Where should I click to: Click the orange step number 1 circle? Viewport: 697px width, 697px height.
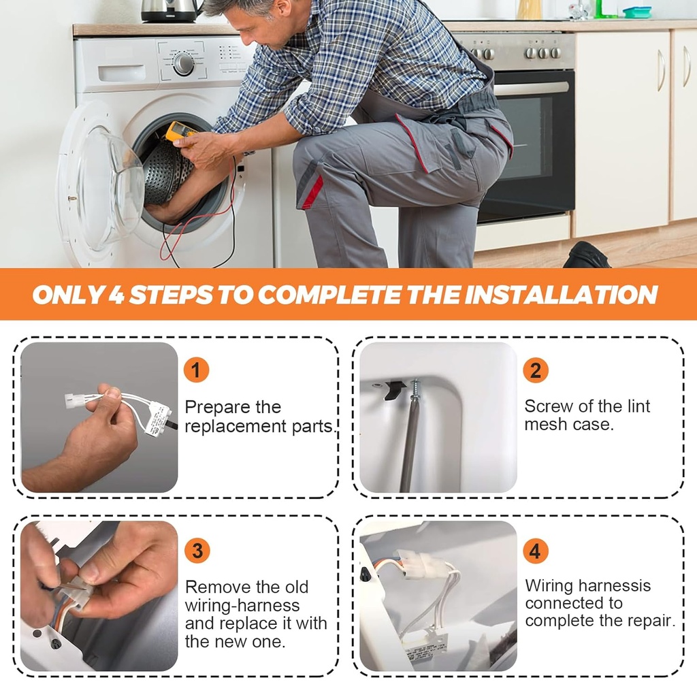pyautogui.click(x=196, y=370)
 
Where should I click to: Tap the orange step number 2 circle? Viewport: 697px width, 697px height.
pyautogui.click(x=535, y=370)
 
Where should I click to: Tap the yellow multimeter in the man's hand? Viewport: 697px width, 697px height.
pyautogui.click(x=180, y=134)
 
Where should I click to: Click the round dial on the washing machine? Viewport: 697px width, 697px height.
pyautogui.click(x=183, y=64)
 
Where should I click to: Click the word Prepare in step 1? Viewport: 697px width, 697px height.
pyautogui.click(x=218, y=408)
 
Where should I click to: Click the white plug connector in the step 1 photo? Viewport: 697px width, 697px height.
pyautogui.click(x=75, y=400)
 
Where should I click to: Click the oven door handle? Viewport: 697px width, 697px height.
pyautogui.click(x=531, y=88)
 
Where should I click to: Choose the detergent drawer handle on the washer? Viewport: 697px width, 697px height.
pyautogui.click(x=122, y=73)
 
